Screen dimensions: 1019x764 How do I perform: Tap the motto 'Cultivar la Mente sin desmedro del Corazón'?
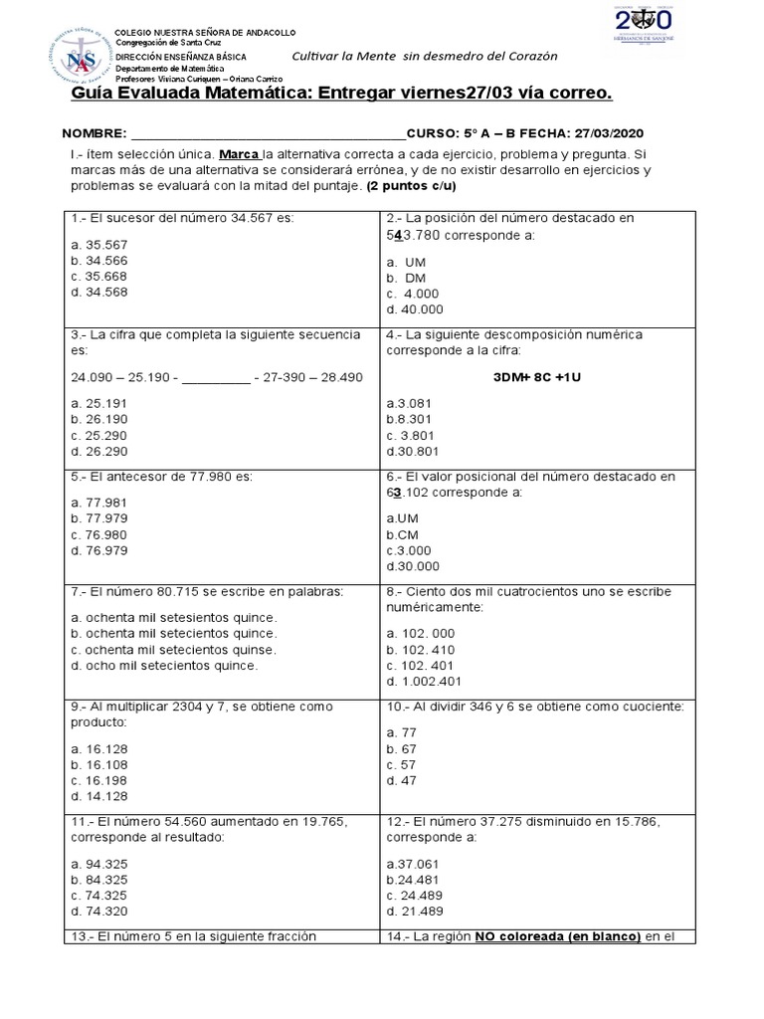(x=424, y=57)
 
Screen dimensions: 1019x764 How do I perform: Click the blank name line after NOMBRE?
(x=268, y=132)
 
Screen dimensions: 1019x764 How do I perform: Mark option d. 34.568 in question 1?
(x=99, y=293)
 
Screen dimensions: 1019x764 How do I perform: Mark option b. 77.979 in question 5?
(x=99, y=518)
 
